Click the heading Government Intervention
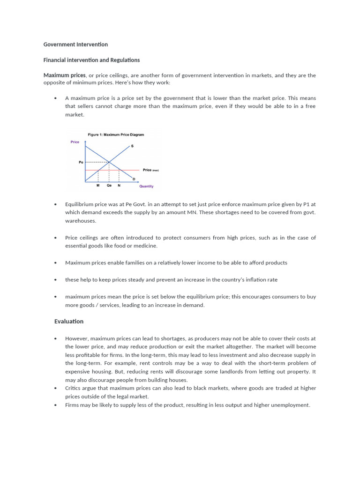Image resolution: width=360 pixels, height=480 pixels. coord(75,45)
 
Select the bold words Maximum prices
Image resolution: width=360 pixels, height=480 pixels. coord(65,75)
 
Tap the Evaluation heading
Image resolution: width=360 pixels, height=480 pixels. coord(69,321)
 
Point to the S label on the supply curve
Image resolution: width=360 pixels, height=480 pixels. coord(132,146)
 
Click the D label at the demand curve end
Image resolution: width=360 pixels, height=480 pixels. coord(134,179)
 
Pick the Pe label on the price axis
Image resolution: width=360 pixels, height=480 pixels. coord(81,162)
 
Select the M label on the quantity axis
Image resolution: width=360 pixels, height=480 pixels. coord(98,186)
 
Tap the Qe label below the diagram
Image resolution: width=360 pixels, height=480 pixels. coord(109,186)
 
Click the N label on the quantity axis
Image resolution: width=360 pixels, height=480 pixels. coord(119,186)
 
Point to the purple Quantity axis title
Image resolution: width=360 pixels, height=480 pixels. coord(146,186)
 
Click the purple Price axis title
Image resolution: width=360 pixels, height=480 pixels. coord(75,142)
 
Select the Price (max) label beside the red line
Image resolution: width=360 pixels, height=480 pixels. coord(150,170)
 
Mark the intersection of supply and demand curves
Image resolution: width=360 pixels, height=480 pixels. coord(109,162)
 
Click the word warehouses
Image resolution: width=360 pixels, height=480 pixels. coord(81,220)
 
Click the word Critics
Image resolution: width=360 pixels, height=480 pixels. coord(74,388)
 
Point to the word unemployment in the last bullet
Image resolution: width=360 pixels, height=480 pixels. coord(292,405)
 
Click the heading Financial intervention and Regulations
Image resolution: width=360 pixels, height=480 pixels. coord(91,60)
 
